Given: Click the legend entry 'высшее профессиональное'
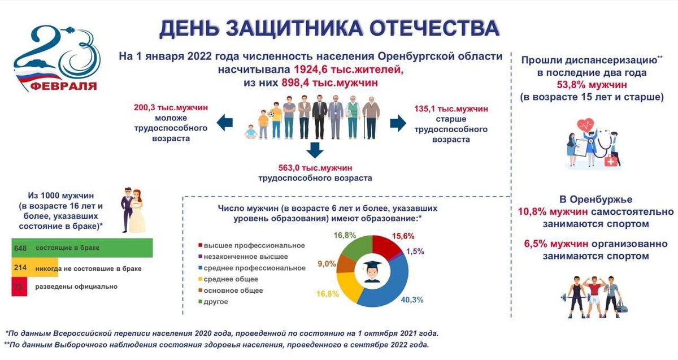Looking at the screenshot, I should tap(254, 245).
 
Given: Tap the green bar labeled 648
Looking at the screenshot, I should tap(82, 248).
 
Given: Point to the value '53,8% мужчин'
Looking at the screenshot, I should tap(592, 85).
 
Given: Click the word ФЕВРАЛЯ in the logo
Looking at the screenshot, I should tap(63, 86).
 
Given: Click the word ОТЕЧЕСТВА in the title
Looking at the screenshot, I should tap(430, 29).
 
